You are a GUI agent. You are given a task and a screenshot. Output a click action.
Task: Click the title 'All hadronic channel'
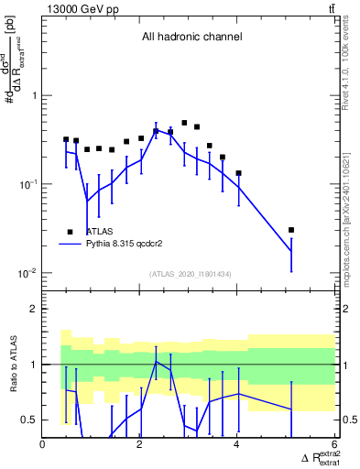(191, 38)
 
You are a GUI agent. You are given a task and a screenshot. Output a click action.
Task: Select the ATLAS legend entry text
(99, 232)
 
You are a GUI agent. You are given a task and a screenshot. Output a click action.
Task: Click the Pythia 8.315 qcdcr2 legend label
(124, 245)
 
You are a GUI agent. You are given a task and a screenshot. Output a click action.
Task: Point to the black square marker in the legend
(70, 232)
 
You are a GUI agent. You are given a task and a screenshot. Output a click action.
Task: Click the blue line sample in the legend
(70, 245)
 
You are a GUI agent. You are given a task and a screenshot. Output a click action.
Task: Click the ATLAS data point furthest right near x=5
(291, 230)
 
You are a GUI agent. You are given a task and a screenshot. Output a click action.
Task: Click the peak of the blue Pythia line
(157, 130)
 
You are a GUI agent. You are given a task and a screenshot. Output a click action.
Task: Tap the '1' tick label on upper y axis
(34, 96)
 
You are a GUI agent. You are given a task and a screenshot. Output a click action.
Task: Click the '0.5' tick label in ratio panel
(29, 420)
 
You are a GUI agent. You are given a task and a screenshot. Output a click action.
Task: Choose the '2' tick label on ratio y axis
(34, 309)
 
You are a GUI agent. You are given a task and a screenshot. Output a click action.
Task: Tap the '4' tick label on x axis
(237, 443)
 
